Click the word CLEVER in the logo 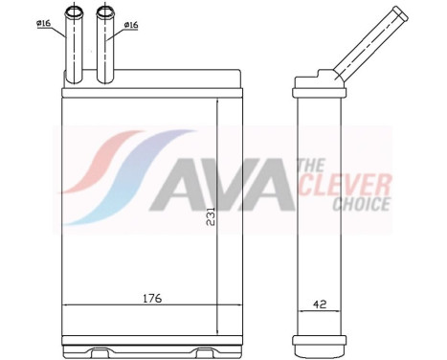coord(357,184)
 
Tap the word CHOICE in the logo coord(361,203)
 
